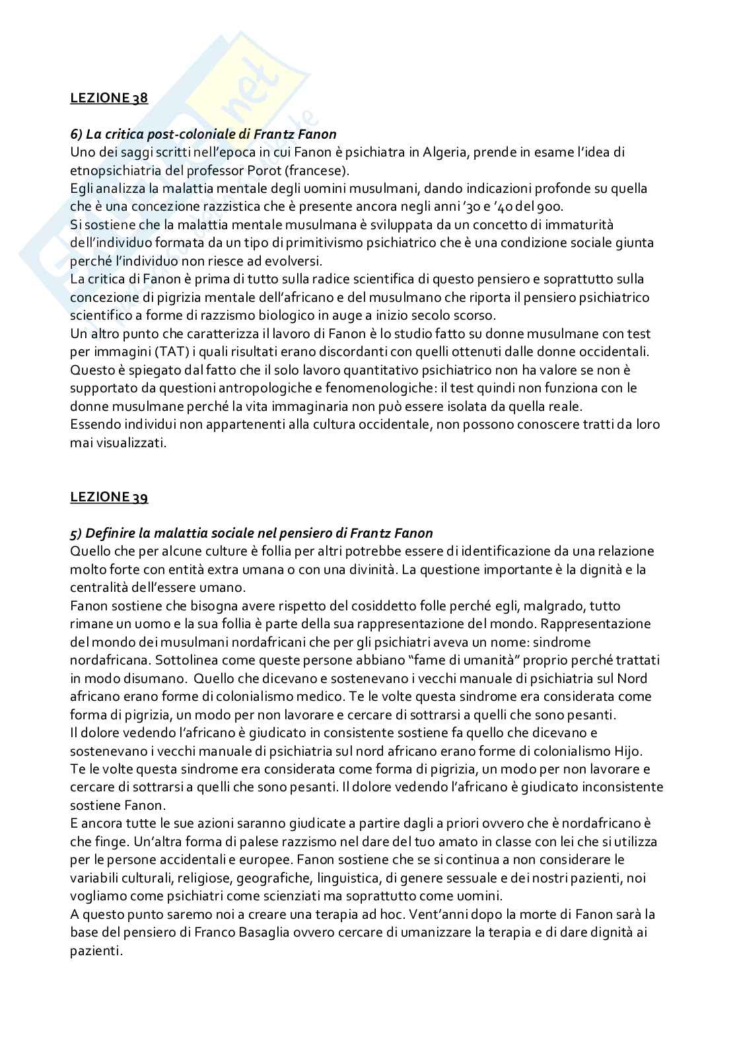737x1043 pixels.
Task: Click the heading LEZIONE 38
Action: pos(109,98)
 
